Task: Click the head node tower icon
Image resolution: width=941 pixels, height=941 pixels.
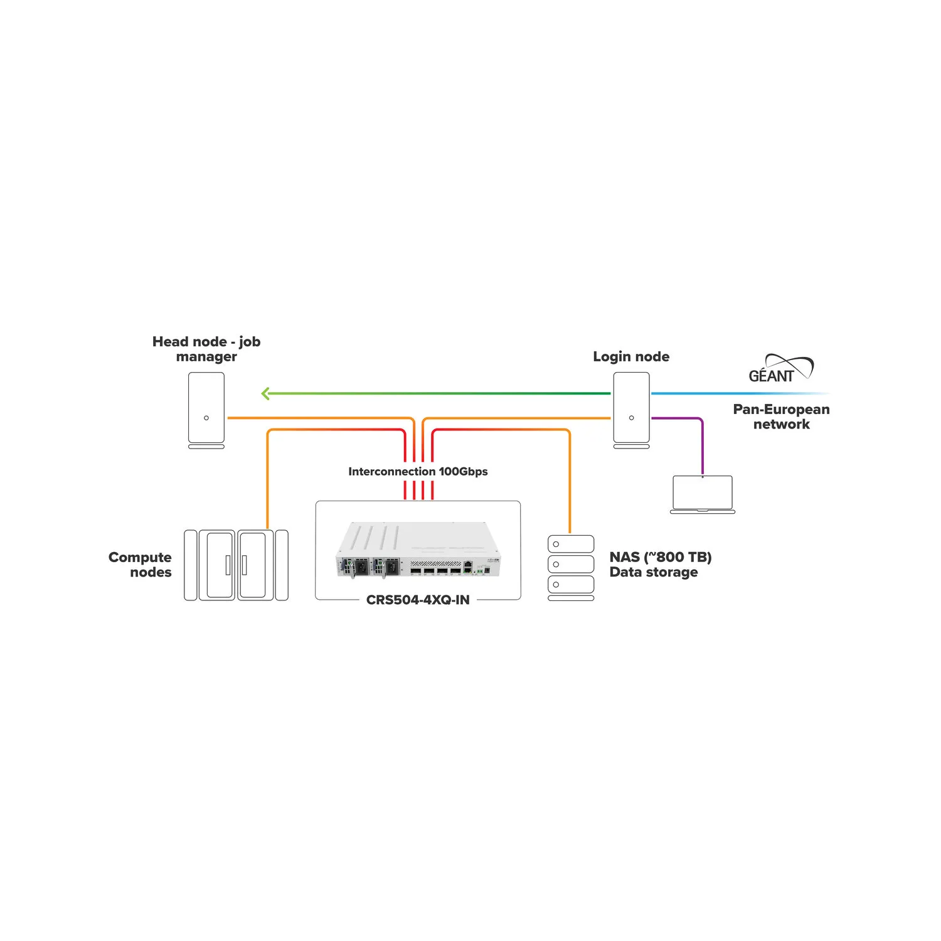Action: tap(206, 410)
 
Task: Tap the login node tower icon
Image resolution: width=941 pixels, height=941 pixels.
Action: tap(631, 410)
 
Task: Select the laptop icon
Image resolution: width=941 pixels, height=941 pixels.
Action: tap(703, 494)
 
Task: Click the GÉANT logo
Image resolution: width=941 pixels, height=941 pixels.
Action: tap(781, 369)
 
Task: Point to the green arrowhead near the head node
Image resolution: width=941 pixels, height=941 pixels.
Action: tap(265, 394)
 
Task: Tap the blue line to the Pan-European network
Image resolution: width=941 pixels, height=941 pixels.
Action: tap(740, 393)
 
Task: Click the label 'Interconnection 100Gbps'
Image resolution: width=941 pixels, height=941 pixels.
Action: tap(418, 471)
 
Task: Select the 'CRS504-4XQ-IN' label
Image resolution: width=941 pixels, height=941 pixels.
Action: tap(418, 600)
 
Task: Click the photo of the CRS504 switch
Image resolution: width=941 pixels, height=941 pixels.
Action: tap(418, 550)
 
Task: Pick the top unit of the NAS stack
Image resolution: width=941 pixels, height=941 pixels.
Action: tap(571, 544)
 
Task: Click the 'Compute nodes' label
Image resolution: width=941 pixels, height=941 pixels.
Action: tap(140, 565)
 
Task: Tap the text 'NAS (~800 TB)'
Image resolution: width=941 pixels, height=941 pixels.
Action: tap(661, 557)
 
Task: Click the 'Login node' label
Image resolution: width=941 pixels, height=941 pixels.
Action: tap(631, 356)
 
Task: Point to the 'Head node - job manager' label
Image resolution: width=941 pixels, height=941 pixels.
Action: tap(206, 349)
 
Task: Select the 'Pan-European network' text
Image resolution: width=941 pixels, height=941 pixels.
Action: tap(782, 417)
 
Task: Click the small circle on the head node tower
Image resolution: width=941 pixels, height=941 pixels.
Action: tap(206, 418)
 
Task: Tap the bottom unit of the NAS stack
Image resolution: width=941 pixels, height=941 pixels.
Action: tap(571, 584)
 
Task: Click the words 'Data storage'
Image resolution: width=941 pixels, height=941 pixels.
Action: tap(654, 572)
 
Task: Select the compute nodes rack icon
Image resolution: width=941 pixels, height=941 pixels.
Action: tap(236, 565)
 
